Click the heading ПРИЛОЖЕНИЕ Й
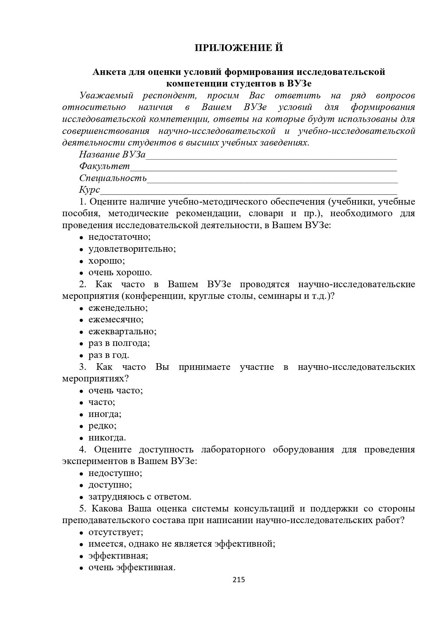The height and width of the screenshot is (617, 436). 239,48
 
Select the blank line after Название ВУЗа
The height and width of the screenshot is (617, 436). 271,157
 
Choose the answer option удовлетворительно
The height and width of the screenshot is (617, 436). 132,249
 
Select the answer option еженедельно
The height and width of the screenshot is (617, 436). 118,308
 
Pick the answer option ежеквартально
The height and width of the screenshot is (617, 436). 122,332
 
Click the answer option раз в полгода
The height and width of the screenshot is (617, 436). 119,343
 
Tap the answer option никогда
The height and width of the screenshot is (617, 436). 107,438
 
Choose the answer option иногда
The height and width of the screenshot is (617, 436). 105,414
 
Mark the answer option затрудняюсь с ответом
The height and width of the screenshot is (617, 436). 140,497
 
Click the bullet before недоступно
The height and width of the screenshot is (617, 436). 81,474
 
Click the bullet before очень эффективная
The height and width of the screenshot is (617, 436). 81,568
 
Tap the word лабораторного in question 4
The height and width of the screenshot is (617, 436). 233,450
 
